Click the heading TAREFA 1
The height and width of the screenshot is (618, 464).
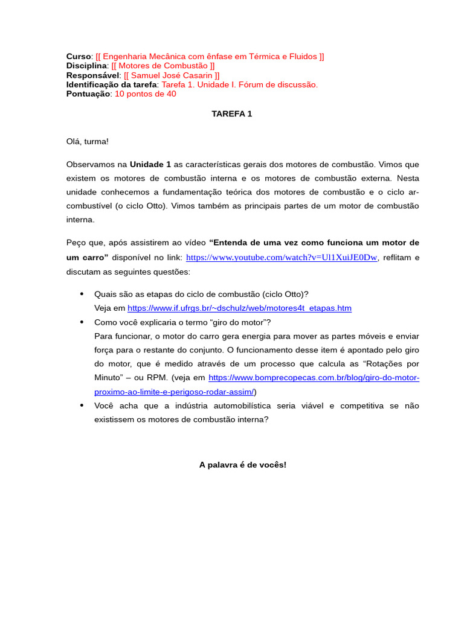point(231,113)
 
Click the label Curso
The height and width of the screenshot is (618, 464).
point(79,56)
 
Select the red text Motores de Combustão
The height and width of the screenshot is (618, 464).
point(163,66)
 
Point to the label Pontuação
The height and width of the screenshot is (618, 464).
point(88,94)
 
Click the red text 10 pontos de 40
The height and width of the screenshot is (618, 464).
point(146,94)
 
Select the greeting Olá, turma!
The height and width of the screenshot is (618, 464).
point(87,141)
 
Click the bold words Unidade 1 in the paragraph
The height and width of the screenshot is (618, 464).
point(150,164)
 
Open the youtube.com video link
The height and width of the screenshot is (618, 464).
point(282,257)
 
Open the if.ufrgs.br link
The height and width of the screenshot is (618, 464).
point(239,308)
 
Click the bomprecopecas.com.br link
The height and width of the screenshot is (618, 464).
point(314,378)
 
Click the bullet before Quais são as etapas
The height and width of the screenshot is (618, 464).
point(82,294)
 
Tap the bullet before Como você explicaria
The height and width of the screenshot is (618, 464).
point(82,322)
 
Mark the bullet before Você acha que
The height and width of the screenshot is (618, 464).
point(82,406)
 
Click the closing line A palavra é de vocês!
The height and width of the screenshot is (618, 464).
point(242,465)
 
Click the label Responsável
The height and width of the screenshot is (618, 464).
point(92,75)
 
